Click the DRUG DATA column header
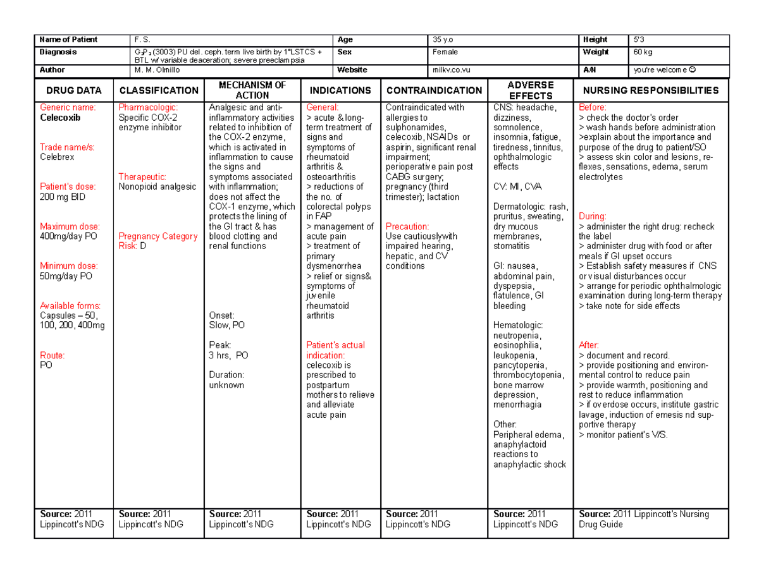[x=73, y=90]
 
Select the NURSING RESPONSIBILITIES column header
[x=651, y=90]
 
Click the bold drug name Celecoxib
[x=60, y=118]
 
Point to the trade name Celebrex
[x=58, y=157]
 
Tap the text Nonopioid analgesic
[x=157, y=186]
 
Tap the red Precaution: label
[x=407, y=226]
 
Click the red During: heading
[x=593, y=216]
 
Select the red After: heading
[x=589, y=345]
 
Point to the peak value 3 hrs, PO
[x=228, y=355]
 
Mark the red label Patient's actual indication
[x=335, y=350]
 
